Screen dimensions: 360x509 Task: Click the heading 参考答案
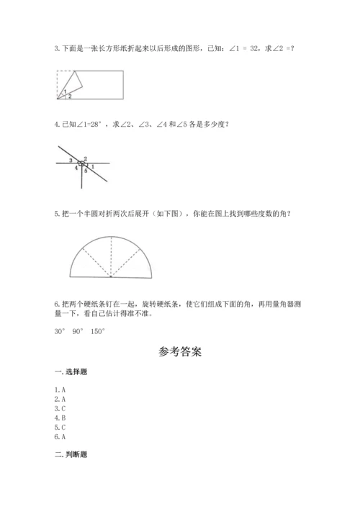tap(179, 352)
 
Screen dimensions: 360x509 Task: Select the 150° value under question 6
tap(97, 331)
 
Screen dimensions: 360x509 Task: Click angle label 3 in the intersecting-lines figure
tap(71, 160)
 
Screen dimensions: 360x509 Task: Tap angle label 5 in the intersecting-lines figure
tap(85, 171)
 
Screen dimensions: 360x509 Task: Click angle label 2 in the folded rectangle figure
tap(70, 96)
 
